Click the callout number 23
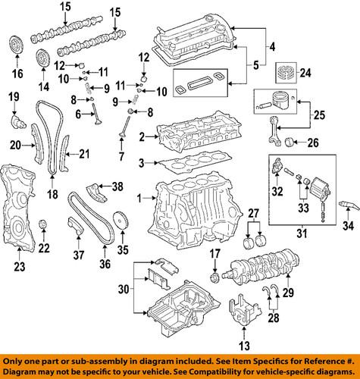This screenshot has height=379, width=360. tap(19, 266)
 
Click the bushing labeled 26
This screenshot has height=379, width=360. tap(291, 141)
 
